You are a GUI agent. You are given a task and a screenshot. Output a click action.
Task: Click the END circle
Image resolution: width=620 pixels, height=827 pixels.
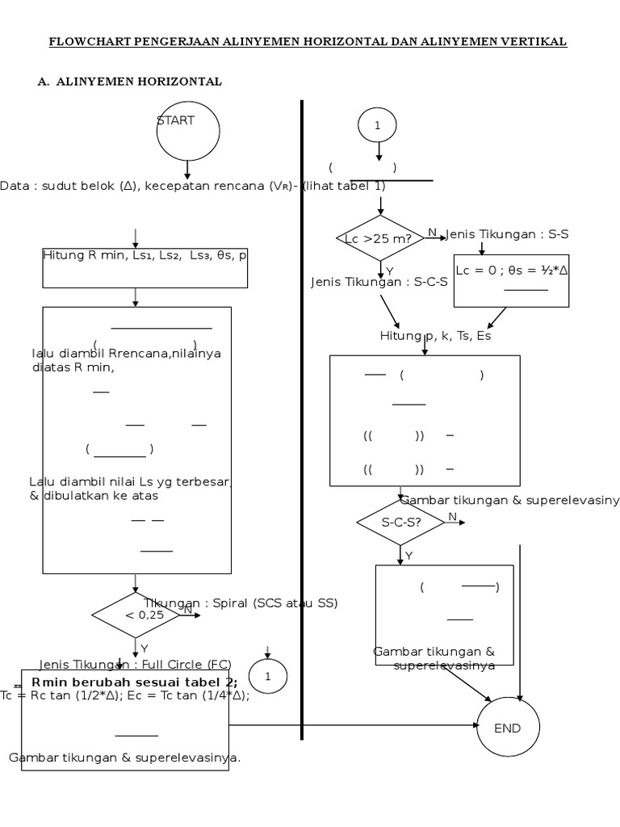point(508,728)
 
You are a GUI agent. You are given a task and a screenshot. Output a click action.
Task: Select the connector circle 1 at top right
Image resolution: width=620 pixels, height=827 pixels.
point(377,125)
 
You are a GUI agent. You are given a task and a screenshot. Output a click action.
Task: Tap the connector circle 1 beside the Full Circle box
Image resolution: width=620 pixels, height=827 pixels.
point(268,677)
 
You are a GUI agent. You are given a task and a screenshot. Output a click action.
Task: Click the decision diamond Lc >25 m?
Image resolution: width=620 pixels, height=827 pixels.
point(379,238)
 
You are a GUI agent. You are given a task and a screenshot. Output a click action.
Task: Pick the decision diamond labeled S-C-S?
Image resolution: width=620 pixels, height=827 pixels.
point(400,522)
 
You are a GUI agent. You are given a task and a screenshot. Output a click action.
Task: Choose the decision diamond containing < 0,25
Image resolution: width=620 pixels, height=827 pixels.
point(136,615)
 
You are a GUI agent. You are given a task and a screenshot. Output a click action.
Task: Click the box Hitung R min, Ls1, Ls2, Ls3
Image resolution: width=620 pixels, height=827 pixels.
point(145,267)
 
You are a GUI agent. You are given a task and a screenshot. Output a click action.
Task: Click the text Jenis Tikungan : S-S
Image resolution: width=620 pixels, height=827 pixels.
point(508,233)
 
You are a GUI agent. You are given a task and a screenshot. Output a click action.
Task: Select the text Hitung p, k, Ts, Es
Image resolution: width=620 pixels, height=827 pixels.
point(435,336)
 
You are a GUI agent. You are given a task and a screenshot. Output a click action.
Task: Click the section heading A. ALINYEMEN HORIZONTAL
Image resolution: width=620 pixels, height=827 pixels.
point(130,82)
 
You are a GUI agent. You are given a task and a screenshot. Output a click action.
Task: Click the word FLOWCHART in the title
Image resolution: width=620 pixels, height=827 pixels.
point(86,41)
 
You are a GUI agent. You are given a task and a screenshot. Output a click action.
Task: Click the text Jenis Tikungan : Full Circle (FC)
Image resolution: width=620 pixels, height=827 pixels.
point(135,665)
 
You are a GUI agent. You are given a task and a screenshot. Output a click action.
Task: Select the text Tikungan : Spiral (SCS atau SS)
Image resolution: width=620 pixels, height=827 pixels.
point(241,602)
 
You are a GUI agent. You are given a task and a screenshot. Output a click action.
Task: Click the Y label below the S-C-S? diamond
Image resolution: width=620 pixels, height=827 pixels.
point(408,555)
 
